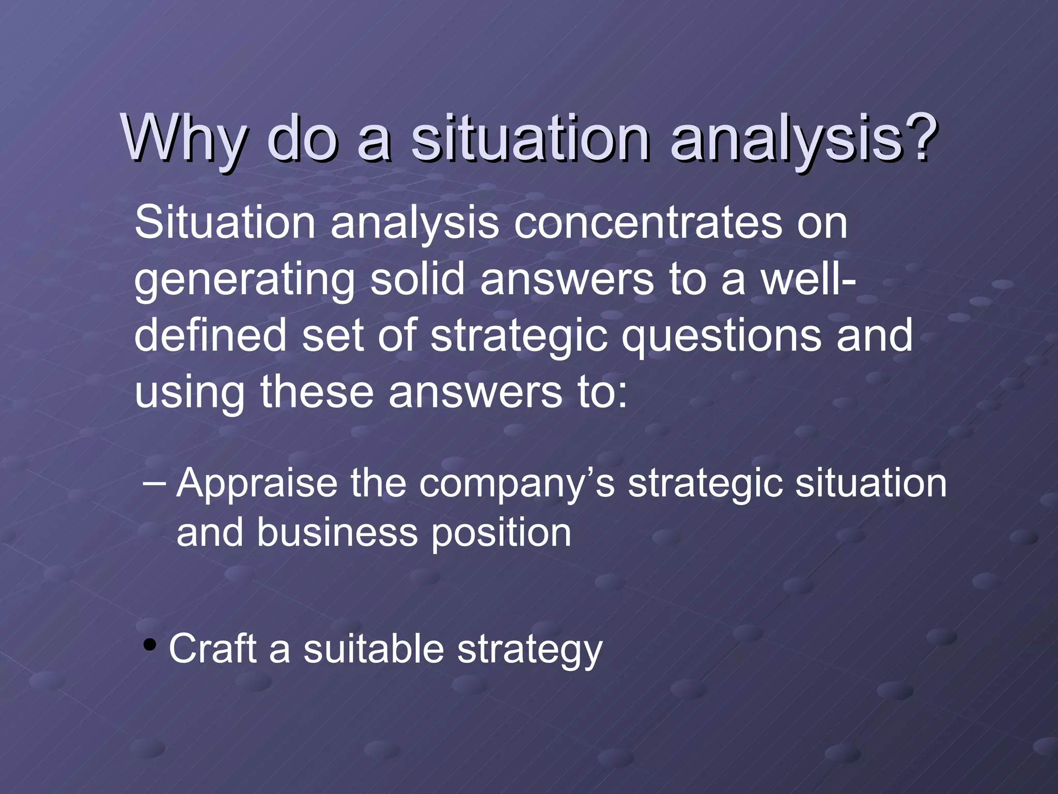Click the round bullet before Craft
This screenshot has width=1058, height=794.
pos(150,645)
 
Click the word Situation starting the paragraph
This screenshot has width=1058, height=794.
pos(225,223)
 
